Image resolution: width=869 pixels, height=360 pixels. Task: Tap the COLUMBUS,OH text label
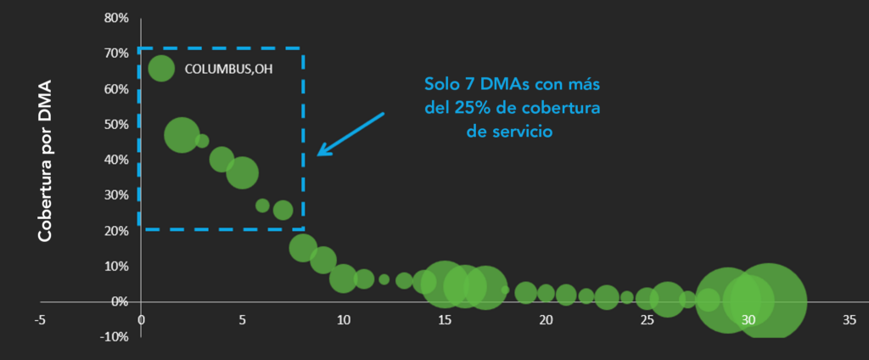pyautogui.click(x=223, y=70)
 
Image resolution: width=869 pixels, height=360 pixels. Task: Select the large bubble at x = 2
pyautogui.click(x=182, y=135)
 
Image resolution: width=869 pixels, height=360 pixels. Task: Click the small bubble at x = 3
pyautogui.click(x=202, y=141)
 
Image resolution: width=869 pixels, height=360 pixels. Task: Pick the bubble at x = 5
pyautogui.click(x=243, y=173)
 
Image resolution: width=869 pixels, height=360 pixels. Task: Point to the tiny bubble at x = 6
pyautogui.click(x=262, y=205)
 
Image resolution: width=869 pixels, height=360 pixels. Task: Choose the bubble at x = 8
pyautogui.click(x=303, y=247)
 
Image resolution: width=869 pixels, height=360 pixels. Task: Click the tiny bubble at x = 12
pyautogui.click(x=384, y=279)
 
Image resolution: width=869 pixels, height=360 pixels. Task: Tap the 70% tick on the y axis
pyautogui.click(x=116, y=53)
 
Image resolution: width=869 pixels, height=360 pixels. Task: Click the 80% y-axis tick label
pyautogui.click(x=116, y=18)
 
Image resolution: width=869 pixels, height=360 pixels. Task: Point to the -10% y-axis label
pyautogui.click(x=114, y=336)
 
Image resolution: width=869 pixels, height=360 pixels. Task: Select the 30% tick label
pyautogui.click(x=116, y=194)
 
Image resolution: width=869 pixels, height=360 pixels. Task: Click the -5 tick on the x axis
pyautogui.click(x=39, y=321)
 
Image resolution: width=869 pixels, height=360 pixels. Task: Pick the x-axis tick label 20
pyautogui.click(x=546, y=321)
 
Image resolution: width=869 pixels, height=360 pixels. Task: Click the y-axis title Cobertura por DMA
pyautogui.click(x=44, y=161)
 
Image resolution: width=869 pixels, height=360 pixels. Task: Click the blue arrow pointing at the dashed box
pyautogui.click(x=350, y=134)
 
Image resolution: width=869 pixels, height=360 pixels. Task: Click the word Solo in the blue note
pyautogui.click(x=441, y=85)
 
